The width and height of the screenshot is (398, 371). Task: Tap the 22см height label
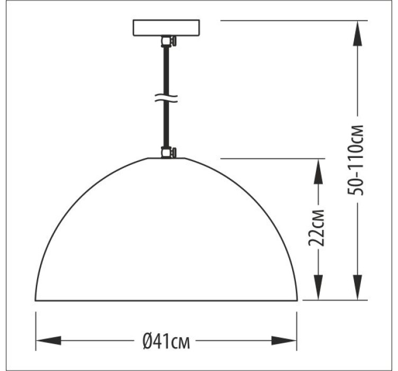[316, 228]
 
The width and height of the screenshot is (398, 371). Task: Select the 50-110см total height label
[355, 160]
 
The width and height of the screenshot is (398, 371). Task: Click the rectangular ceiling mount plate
[166, 28]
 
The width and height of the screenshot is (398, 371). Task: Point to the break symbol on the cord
[166, 98]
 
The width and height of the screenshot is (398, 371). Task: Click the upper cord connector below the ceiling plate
[168, 41]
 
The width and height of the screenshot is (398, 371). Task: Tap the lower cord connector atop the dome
[168, 153]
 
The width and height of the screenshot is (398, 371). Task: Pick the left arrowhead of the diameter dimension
[49, 340]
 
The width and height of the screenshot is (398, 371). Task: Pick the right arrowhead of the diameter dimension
[284, 340]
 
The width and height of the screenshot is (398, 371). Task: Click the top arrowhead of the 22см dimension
[318, 171]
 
